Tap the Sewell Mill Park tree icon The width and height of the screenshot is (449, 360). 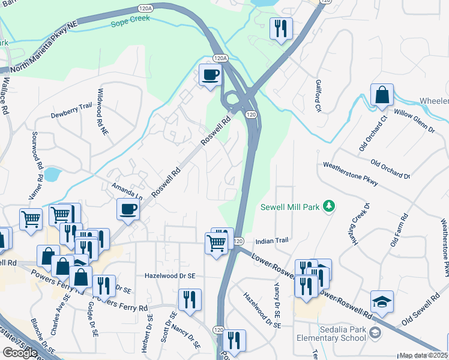pyautogui.click(x=328, y=207)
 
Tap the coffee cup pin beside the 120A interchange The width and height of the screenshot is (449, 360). pyautogui.click(x=210, y=75)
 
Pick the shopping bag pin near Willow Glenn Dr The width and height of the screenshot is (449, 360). pyautogui.click(x=382, y=95)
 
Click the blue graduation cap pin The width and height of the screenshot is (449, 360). pyautogui.click(x=382, y=301)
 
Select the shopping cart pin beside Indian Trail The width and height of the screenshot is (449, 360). pyautogui.click(x=216, y=243)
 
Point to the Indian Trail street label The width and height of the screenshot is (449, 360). pyautogui.click(x=272, y=241)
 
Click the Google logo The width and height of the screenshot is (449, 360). pyautogui.click(x=20, y=353)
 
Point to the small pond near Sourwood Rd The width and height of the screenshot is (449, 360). pyautogui.click(x=52, y=175)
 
